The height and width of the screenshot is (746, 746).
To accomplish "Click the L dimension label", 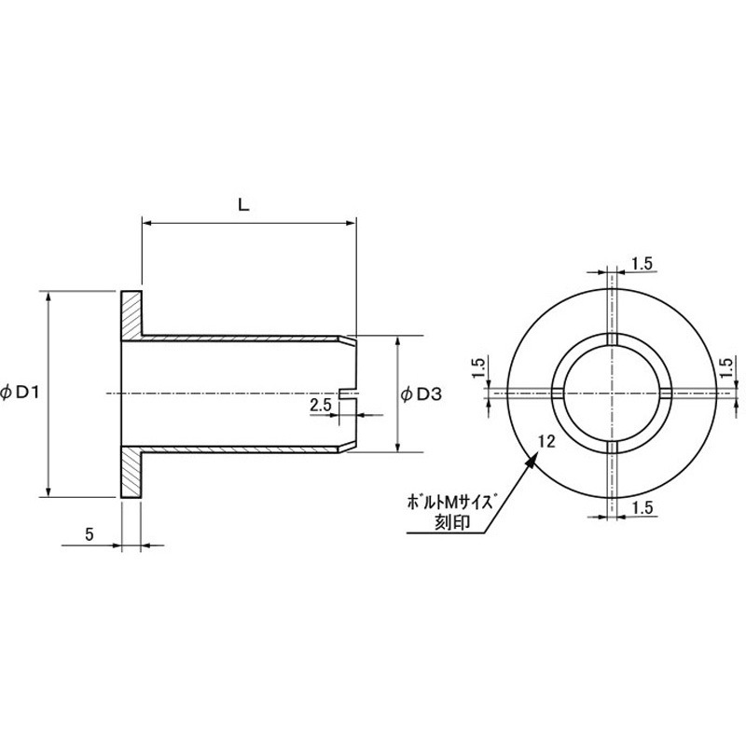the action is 243,205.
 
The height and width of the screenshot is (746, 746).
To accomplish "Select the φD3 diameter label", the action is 421,394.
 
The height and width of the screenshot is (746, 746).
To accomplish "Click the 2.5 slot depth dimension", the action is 320,406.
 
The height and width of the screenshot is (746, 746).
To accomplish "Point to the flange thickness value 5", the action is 90,534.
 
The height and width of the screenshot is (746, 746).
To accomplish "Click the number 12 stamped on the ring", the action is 546,442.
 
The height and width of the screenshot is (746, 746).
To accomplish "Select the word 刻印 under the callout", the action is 452,522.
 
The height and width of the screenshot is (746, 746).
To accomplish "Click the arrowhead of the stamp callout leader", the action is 532,460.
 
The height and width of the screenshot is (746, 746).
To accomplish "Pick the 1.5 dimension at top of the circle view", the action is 642,264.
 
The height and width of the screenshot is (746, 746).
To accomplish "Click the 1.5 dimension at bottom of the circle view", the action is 642,507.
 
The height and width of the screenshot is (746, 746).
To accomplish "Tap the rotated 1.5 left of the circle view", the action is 479,367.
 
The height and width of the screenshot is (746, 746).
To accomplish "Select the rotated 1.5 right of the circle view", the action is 726,367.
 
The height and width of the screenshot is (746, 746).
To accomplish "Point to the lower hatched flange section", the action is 131,472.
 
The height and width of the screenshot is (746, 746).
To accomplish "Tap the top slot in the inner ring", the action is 613,338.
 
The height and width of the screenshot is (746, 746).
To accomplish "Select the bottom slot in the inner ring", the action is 613,448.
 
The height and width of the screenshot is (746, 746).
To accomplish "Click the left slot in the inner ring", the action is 558,393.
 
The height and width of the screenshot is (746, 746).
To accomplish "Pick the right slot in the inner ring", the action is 667,393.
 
